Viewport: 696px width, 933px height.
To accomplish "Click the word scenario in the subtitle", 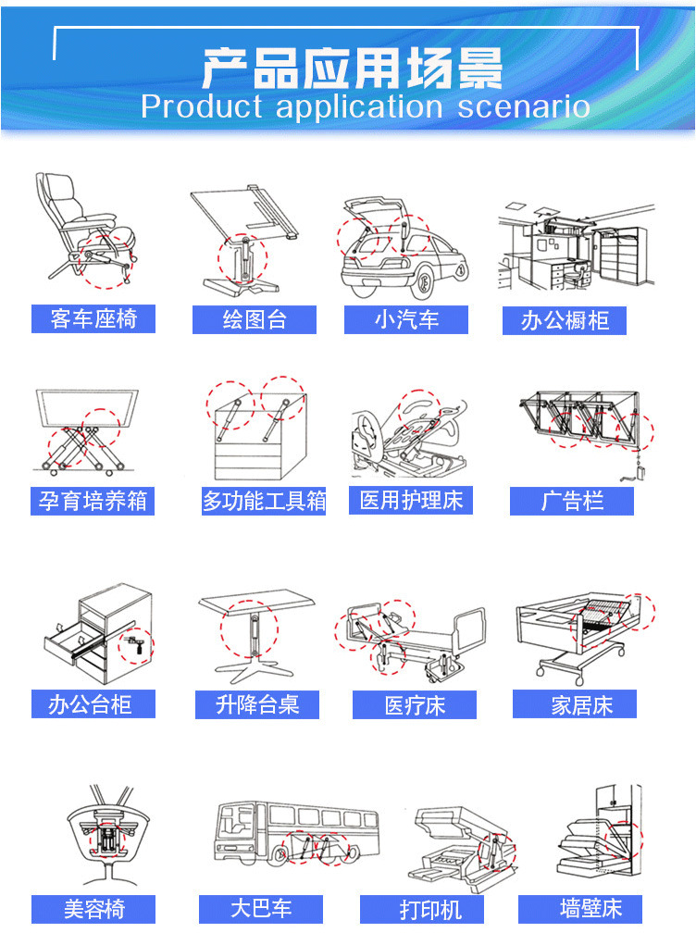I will [x=523, y=106].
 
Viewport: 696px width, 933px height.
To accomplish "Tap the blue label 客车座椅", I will [x=93, y=319].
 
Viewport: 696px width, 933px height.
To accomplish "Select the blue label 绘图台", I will [x=255, y=320].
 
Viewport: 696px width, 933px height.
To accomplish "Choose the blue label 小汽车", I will [x=406, y=320].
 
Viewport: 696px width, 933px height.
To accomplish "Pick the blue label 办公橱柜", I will [x=565, y=321].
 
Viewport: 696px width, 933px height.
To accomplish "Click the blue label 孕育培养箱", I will [x=93, y=502].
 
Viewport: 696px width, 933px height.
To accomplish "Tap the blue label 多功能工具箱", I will [x=264, y=502].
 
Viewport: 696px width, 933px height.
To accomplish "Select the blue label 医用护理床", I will [x=411, y=501].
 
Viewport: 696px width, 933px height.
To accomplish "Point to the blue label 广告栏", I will [x=572, y=502].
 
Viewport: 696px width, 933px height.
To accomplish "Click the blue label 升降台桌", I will [x=257, y=704].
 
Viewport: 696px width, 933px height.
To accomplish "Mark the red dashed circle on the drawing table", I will [x=242, y=258].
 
